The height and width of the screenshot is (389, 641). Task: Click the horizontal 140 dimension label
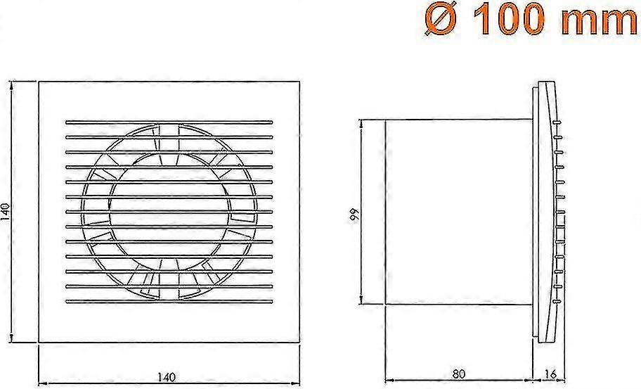coord(168,377)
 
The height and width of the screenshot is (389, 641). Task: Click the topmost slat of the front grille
coord(168,121)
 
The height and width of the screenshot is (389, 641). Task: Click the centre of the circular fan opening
coord(169,211)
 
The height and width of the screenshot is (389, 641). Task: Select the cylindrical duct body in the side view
coord(457,212)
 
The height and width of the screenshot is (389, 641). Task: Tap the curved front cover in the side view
coord(548,211)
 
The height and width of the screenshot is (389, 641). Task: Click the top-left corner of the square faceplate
coord(38,82)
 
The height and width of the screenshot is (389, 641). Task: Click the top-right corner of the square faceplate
coord(299,82)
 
